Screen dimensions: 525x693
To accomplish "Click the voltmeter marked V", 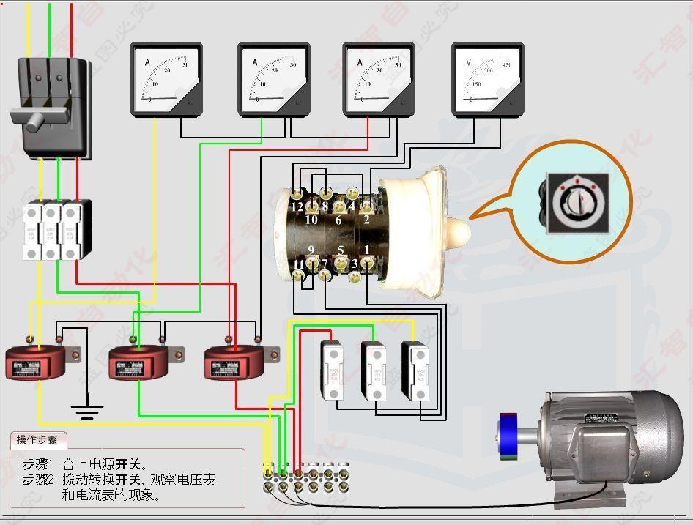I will click(x=487, y=79).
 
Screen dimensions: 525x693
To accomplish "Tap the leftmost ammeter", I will click(x=166, y=79).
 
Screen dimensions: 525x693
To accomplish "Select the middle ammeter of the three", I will click(x=273, y=79).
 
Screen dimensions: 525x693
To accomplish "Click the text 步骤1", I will click(x=38, y=464).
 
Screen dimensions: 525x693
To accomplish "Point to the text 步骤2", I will click(x=38, y=480).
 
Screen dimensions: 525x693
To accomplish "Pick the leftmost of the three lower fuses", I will click(x=333, y=370).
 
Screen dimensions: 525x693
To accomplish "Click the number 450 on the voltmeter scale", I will click(x=507, y=64).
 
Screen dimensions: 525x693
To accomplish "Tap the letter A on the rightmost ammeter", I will click(x=360, y=62).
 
